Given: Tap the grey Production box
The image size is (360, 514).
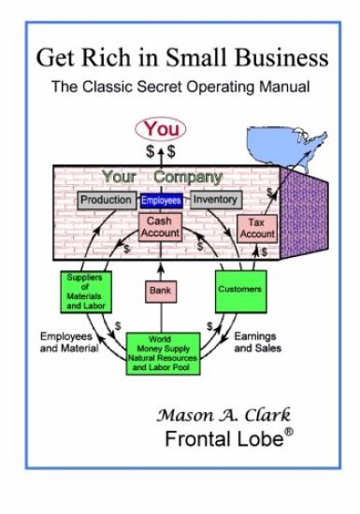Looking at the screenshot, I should click(105, 200).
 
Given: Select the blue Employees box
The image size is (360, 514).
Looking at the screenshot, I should click(161, 200).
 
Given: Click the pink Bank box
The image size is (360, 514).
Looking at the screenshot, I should click(161, 291).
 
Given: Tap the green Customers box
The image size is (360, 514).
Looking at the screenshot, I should click(241, 290).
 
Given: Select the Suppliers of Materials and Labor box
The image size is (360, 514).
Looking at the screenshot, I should click(84, 291).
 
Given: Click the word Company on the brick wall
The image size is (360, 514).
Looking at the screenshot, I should click(188, 177).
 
